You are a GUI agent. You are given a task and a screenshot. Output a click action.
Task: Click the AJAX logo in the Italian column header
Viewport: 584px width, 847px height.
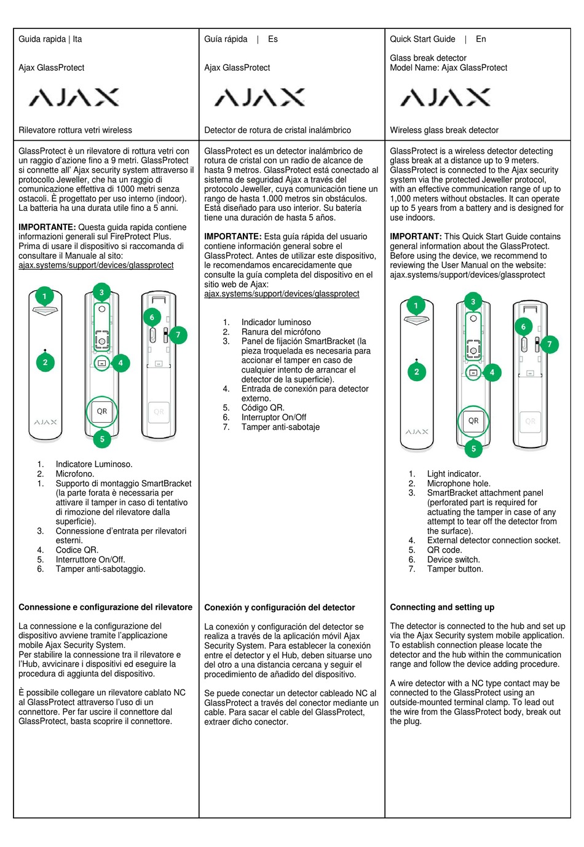coord(74,97)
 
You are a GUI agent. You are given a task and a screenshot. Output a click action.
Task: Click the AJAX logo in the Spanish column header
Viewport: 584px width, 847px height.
coord(260,97)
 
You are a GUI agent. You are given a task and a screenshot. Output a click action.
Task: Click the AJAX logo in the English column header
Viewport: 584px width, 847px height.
coord(446,97)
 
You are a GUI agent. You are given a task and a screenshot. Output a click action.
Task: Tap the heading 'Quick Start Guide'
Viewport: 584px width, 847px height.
coord(422,39)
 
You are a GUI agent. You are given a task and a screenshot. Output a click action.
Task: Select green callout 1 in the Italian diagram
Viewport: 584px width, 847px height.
coord(44,296)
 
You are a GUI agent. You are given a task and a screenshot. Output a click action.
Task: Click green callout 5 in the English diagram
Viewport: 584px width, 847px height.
coord(473,449)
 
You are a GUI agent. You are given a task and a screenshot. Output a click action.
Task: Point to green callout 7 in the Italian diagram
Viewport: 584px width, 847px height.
coord(178,335)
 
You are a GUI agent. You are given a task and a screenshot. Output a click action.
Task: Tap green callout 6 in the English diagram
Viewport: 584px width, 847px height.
coord(524,327)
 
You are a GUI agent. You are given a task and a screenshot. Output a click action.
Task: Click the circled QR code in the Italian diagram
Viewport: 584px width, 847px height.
coord(102,411)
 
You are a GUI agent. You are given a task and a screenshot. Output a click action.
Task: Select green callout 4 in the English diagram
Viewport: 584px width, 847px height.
coord(492,372)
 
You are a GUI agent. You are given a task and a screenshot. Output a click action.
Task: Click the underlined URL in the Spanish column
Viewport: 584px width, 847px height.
coord(282,294)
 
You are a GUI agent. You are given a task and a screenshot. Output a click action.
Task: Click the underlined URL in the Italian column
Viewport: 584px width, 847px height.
coord(96,266)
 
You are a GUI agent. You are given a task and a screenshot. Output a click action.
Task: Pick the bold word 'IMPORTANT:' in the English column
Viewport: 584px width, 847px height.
coord(416,237)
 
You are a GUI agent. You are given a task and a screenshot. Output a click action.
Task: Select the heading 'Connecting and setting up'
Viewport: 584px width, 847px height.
coord(442,607)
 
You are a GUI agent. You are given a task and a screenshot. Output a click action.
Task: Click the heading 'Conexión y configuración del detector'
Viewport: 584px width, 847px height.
coord(280,608)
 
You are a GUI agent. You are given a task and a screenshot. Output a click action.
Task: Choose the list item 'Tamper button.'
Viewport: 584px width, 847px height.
coord(455,569)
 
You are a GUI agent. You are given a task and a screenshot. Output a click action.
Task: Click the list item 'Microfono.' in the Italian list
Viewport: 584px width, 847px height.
coord(75,474)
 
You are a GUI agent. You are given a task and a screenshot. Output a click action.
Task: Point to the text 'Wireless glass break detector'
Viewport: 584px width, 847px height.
coord(444,130)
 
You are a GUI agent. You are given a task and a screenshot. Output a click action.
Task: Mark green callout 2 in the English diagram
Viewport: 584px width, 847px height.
coord(417,372)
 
